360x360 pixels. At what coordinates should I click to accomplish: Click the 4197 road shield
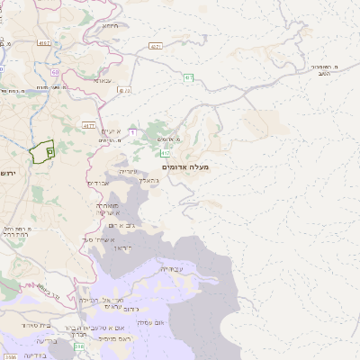pyautogui.click(x=44, y=42)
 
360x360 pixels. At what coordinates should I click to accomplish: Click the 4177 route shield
pyautogui.click(x=88, y=125)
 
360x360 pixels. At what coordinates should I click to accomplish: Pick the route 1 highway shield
pyautogui.click(x=132, y=132)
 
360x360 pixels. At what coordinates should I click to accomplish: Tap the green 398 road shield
pyautogui.click(x=79, y=346)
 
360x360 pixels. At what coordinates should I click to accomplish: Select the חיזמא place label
pyautogui.click(x=111, y=26)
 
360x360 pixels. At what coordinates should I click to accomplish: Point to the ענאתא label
pyautogui.click(x=103, y=80)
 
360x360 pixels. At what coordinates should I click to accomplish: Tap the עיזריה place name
pyautogui.click(x=130, y=170)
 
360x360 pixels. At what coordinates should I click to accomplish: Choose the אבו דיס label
pyautogui.click(x=98, y=183)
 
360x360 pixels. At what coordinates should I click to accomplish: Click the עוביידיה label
pyautogui.click(x=171, y=268)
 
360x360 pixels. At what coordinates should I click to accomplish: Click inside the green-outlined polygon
pyautogui.click(x=40, y=153)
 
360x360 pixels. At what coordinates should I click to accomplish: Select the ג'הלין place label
pyautogui.click(x=149, y=180)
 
